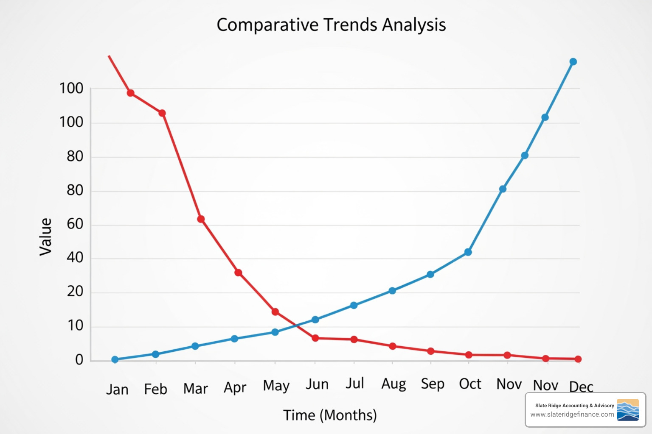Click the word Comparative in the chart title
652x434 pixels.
click(267, 25)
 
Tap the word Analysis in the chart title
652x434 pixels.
click(414, 25)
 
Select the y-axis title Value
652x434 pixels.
click(45, 237)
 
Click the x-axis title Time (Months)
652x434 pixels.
click(330, 415)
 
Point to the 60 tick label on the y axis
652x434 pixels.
click(75, 224)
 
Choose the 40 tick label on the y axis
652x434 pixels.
click(75, 257)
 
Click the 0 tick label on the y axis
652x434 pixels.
click(79, 360)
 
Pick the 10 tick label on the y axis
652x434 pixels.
click(75, 325)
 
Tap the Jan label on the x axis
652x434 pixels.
click(117, 389)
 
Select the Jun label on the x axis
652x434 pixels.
click(317, 384)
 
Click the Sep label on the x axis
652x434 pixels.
click(433, 384)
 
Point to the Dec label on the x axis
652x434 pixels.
click(581, 387)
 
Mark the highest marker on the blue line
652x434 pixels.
click(573, 62)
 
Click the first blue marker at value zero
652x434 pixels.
click(115, 359)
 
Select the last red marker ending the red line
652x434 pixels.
click(578, 359)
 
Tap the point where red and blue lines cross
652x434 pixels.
click(295, 325)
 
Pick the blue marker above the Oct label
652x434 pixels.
click(468, 252)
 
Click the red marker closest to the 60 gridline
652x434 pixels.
click(201, 219)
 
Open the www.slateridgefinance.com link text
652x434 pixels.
click(572, 415)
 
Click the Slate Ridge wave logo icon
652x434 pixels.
click(627, 409)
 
